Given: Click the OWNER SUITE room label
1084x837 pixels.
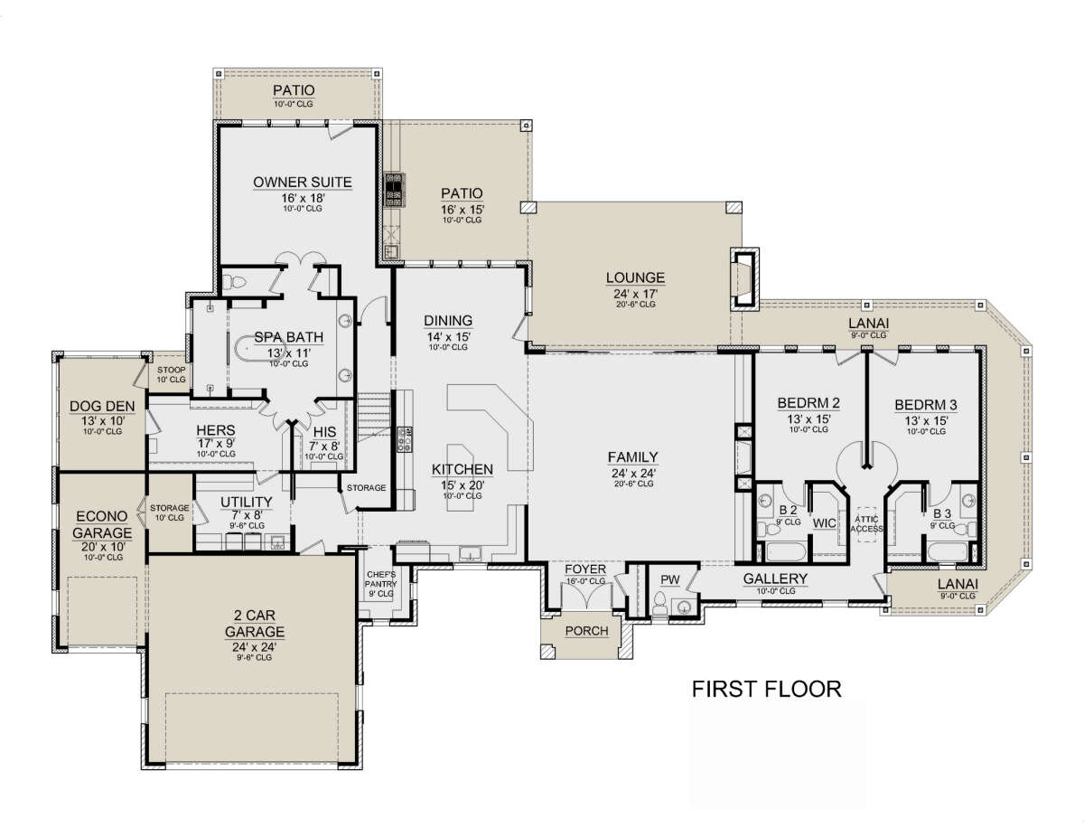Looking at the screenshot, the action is [303, 183].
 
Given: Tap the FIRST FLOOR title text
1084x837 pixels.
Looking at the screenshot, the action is [766, 690].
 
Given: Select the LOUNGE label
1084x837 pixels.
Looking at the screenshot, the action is [635, 277].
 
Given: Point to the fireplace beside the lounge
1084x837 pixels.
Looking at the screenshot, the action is [744, 279].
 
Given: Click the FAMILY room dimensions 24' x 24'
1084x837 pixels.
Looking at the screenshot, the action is [633, 473].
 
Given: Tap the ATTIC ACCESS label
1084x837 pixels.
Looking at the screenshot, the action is [866, 524].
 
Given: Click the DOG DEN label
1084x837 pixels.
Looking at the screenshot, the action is [102, 406].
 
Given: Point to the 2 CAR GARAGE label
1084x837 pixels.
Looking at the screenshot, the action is [255, 624].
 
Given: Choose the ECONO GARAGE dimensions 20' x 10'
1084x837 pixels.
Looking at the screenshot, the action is [102, 547].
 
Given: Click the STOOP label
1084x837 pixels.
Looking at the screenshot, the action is [171, 370].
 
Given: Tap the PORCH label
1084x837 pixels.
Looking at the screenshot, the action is [586, 631].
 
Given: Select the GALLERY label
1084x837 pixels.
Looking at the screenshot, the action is [775, 578].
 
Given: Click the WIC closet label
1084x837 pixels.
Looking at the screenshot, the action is [824, 523].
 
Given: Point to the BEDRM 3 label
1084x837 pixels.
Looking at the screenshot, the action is [926, 405].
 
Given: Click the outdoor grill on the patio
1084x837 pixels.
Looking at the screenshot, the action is [394, 190].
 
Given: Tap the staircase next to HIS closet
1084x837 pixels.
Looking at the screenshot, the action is [374, 418].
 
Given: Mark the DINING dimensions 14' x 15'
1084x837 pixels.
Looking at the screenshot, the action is [448, 336].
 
